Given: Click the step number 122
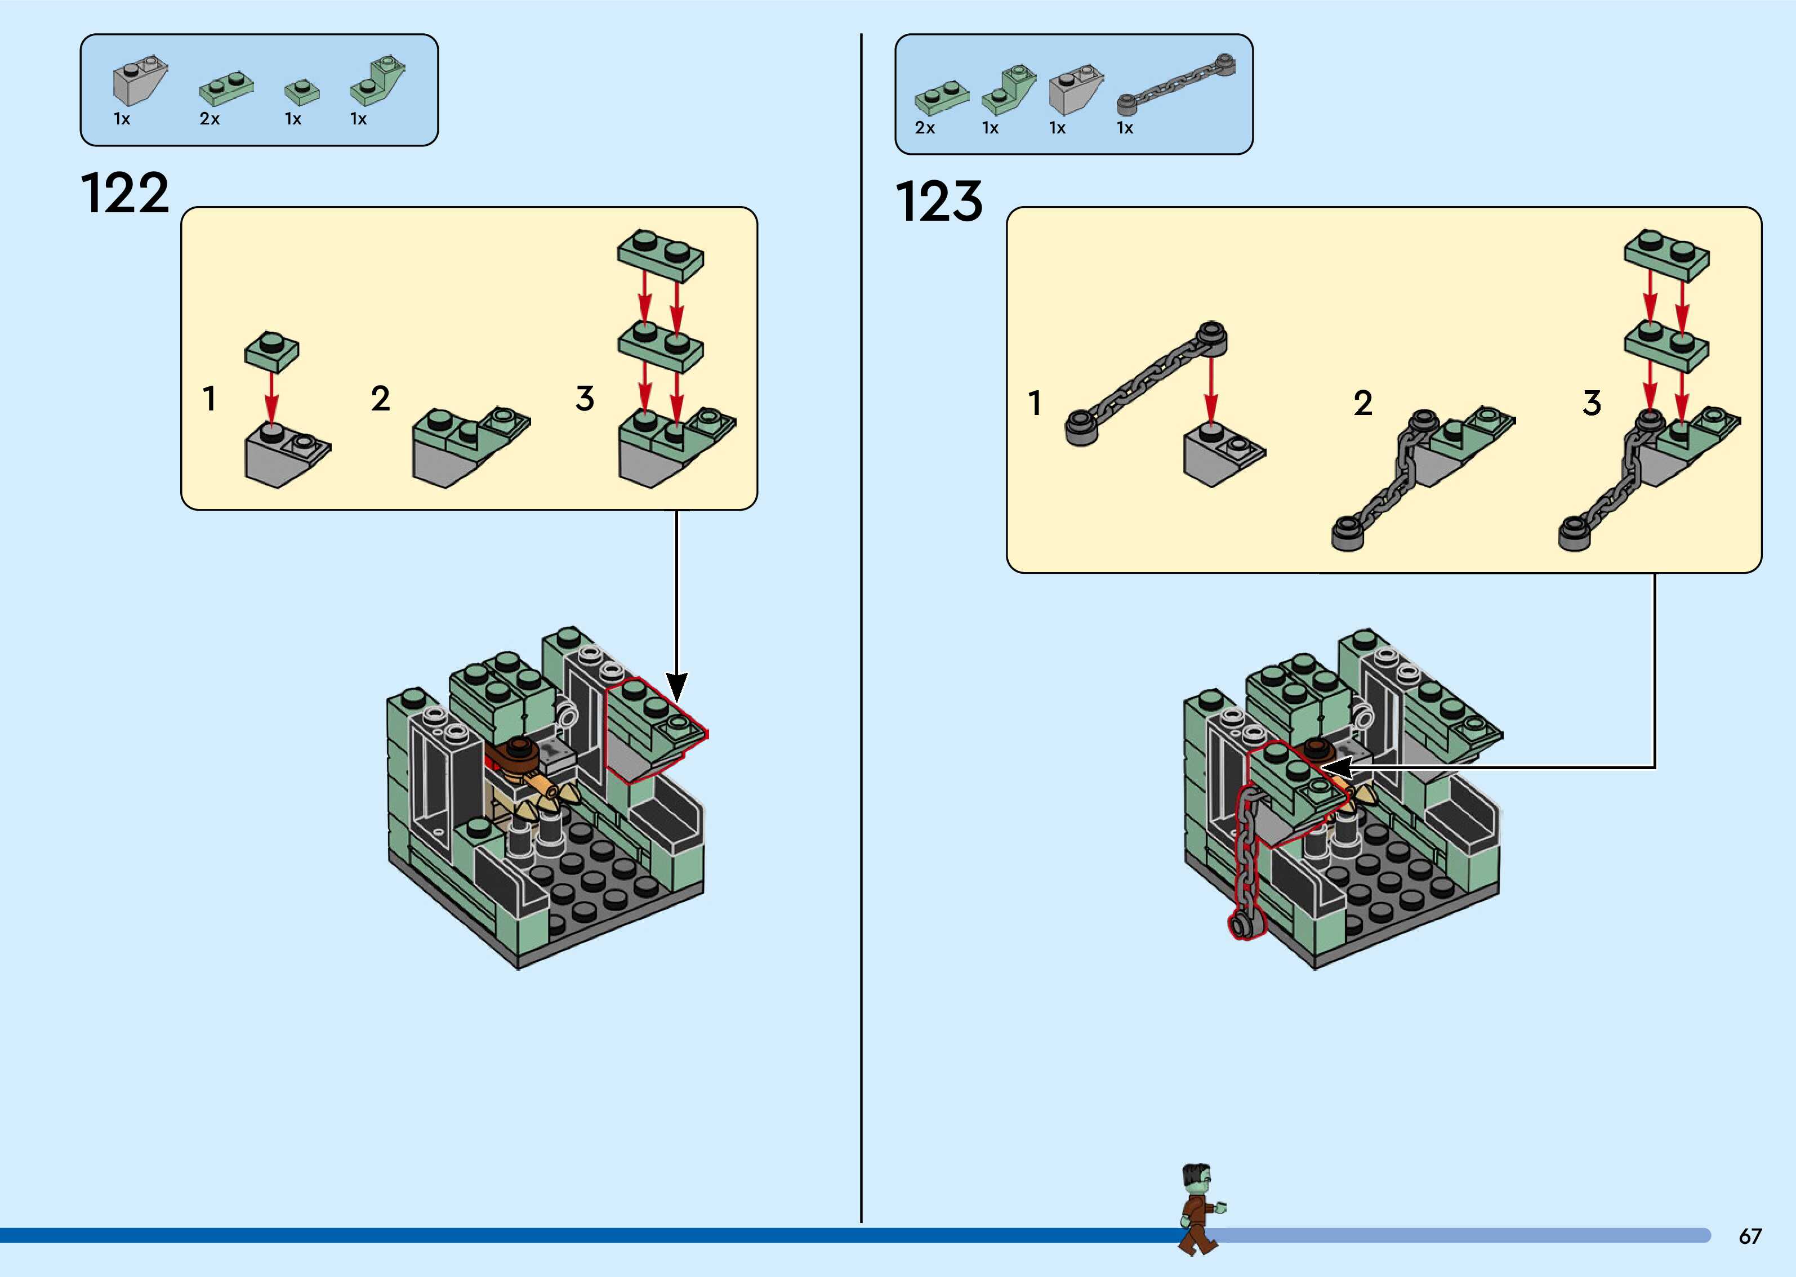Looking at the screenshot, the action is coord(125,194).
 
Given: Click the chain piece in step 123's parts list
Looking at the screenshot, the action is coord(1175,87).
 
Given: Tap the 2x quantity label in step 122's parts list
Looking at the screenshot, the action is coord(209,119).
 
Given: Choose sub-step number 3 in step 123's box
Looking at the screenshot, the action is coord(1592,403).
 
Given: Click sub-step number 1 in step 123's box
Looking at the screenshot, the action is coord(1035,403).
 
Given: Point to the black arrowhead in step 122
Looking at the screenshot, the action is coord(676,686).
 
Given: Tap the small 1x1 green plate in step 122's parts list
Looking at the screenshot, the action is coord(301,92).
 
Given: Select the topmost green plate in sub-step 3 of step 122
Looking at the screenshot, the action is coord(661,254).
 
